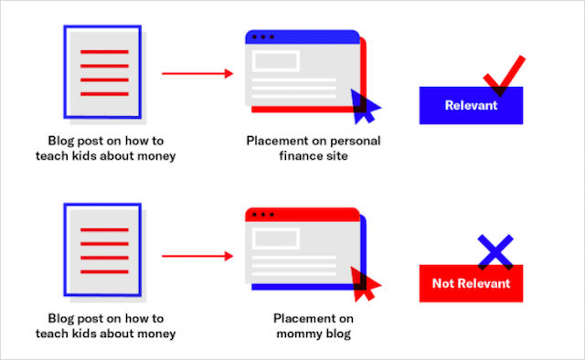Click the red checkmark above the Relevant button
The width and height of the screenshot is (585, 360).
(505, 77)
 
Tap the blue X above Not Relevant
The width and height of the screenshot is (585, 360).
(495, 249)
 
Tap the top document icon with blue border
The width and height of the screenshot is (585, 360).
(101, 72)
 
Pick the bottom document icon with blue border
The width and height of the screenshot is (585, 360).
(101, 249)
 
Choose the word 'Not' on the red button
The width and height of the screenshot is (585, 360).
(443, 283)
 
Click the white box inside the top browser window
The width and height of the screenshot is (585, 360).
(277, 61)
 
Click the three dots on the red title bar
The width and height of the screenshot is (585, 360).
(262, 215)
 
